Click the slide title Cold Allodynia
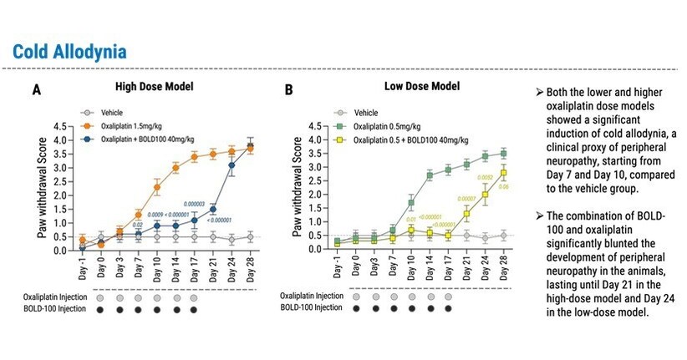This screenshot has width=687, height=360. tap(70, 51)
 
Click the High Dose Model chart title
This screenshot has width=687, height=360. tap(155, 85)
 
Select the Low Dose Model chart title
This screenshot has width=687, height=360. tap(423, 85)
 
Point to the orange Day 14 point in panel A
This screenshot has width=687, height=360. tap(176, 168)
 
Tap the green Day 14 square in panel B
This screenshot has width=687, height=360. tap(430, 175)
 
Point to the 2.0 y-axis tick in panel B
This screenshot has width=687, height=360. tap(314, 195)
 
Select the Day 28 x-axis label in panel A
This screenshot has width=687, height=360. tap(251, 270)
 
